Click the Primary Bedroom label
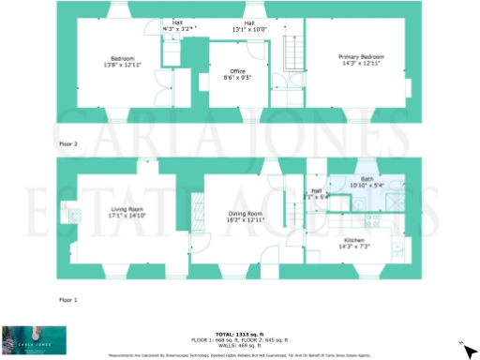click(x=361, y=57)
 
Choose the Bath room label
click(x=367, y=180)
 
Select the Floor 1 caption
click(x=68, y=298)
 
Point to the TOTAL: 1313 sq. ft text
click(x=239, y=334)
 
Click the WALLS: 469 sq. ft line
click(x=239, y=345)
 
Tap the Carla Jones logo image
click(x=33, y=339)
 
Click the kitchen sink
click(x=399, y=249)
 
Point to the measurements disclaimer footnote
click(x=239, y=355)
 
